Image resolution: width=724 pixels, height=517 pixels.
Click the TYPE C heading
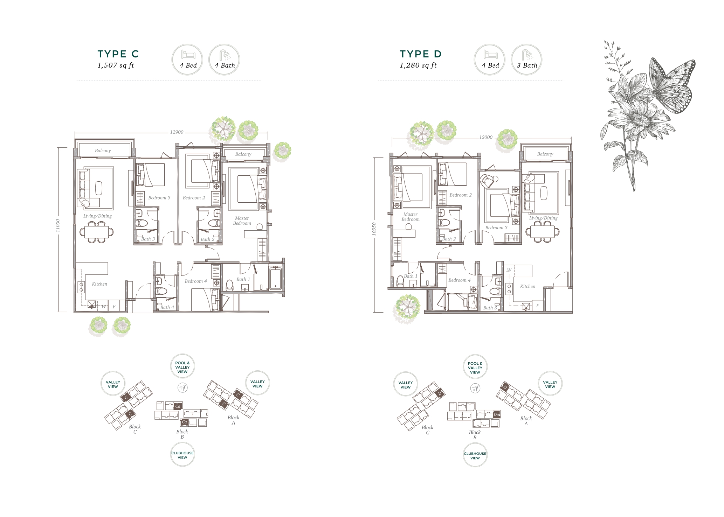click(x=118, y=54)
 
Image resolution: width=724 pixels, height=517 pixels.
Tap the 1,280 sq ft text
click(x=418, y=65)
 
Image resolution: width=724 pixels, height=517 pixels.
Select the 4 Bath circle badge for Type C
click(x=224, y=60)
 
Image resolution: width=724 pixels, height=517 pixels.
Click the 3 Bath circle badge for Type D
click(x=526, y=60)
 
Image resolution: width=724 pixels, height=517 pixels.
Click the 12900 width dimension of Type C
click(x=177, y=132)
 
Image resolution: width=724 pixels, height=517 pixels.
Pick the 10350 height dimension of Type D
click(x=374, y=229)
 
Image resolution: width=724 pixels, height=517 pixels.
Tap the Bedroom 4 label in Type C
click(x=196, y=281)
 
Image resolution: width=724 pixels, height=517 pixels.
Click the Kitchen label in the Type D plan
click(x=528, y=286)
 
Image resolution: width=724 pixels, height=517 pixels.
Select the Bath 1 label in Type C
click(x=243, y=279)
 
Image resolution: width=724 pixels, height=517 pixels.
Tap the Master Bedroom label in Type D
click(x=410, y=217)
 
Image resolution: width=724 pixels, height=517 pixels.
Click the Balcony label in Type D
click(x=545, y=154)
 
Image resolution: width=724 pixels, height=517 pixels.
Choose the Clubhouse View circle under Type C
click(x=182, y=455)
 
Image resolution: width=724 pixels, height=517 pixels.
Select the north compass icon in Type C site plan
click(x=182, y=387)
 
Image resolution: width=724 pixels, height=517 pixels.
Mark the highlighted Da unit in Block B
click(x=496, y=414)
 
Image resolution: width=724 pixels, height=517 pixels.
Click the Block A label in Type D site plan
click(x=526, y=421)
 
